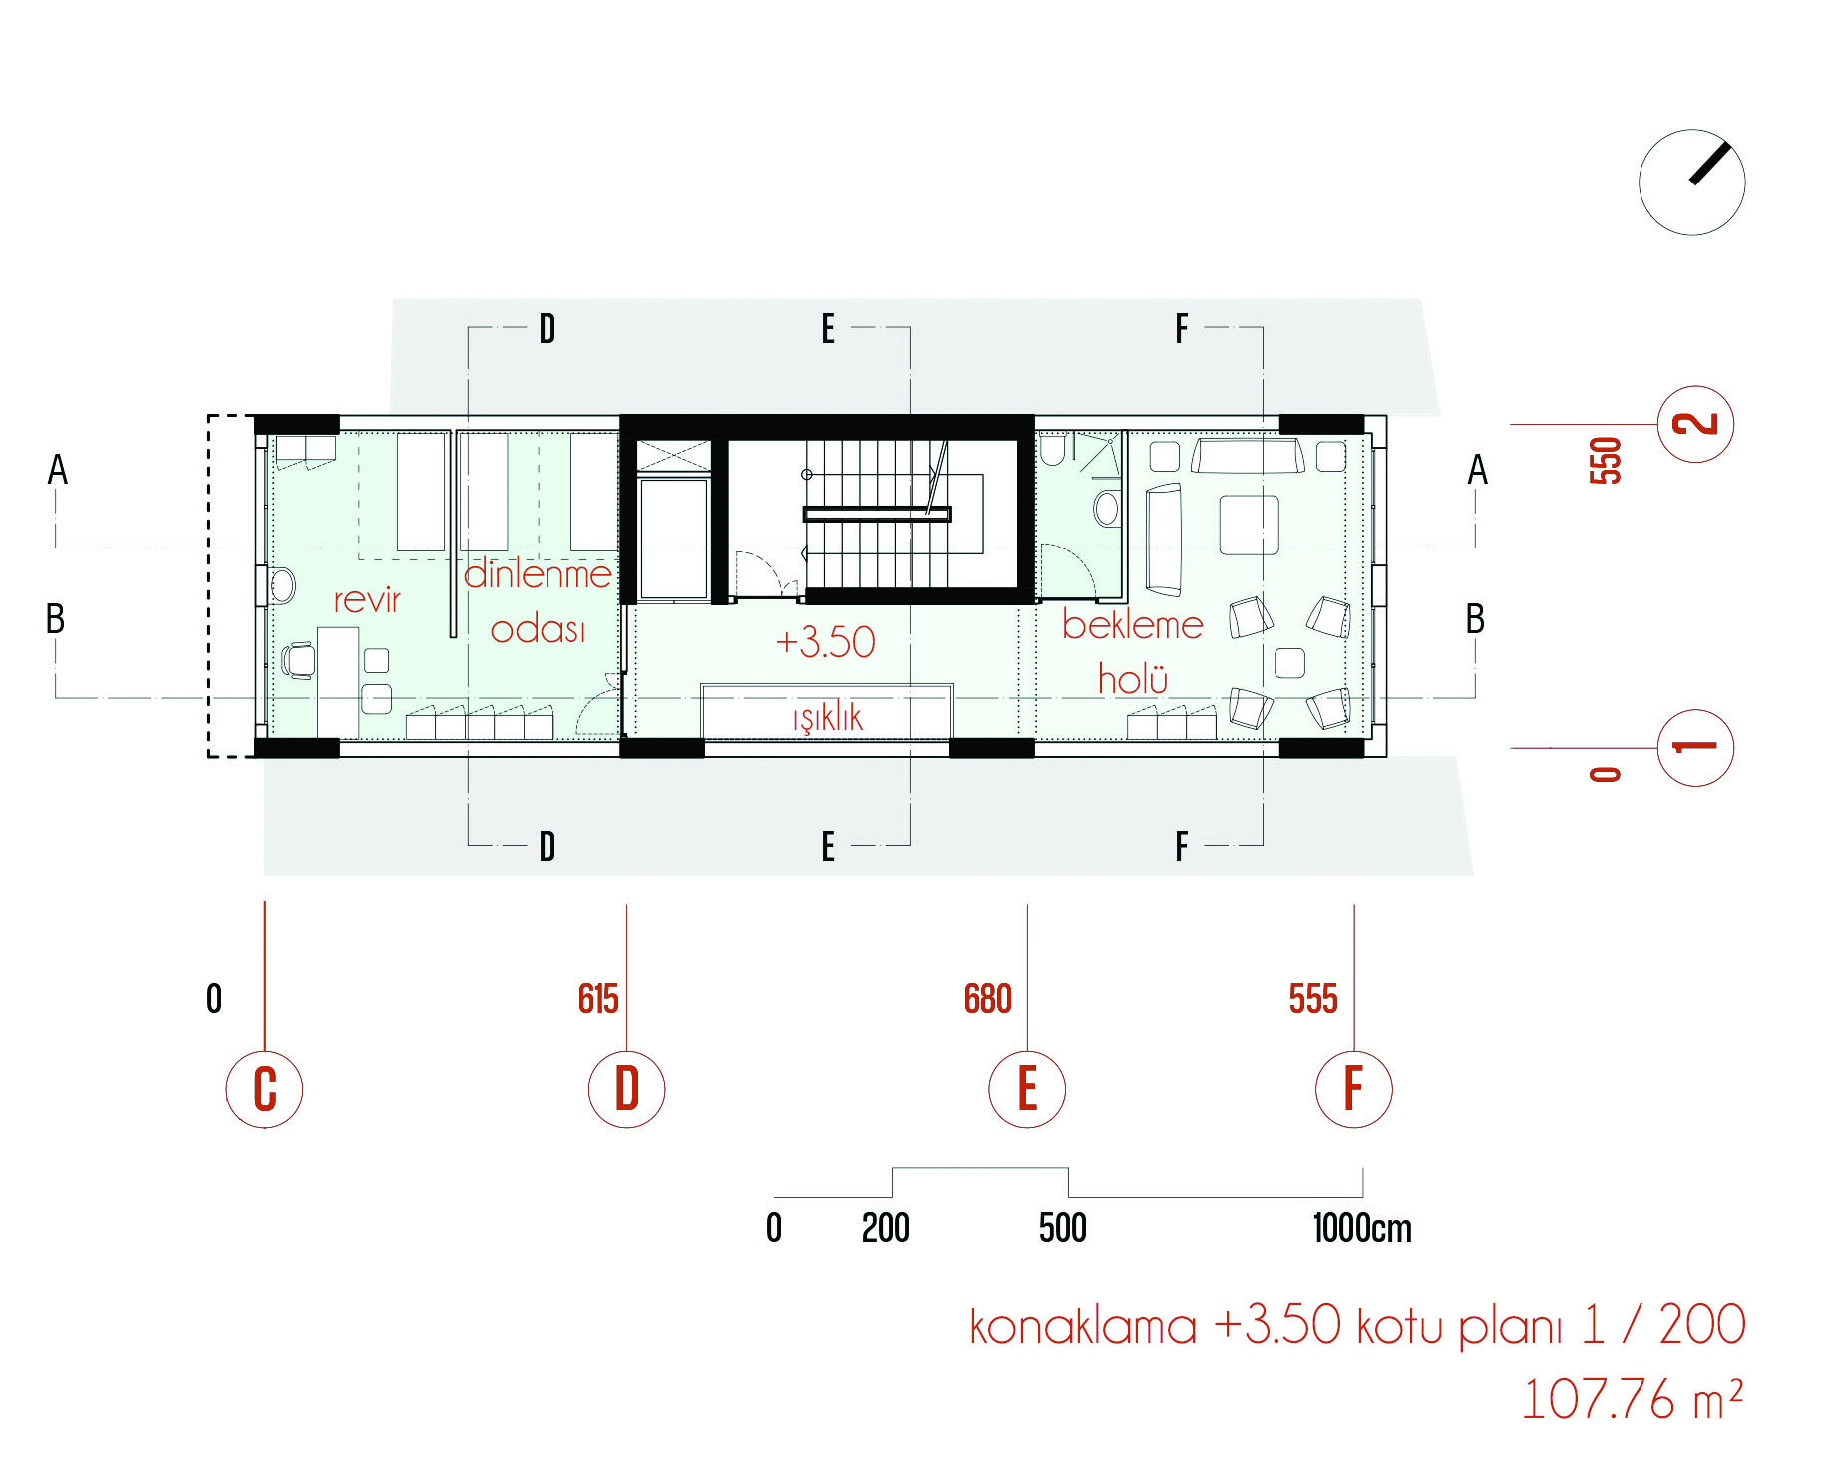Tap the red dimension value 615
[x=598, y=999]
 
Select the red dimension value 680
[x=987, y=999]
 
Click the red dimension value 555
[x=1313, y=999]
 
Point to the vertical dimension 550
[x=1606, y=461]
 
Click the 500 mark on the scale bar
[x=1063, y=1228]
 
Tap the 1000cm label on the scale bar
[x=1362, y=1228]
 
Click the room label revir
[x=367, y=600]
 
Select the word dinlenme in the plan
[x=538, y=573]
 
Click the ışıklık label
[x=828, y=717]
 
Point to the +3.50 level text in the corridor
[x=825, y=641]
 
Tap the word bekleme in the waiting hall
[x=1133, y=625]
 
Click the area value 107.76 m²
[x=1632, y=1399]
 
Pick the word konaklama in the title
[x=1082, y=1326]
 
